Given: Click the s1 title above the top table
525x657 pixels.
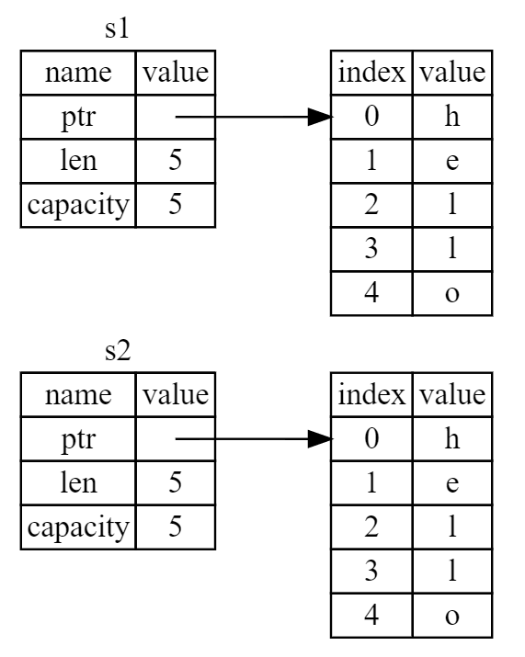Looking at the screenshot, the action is click(117, 28).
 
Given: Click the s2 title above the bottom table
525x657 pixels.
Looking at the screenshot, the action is click(118, 351).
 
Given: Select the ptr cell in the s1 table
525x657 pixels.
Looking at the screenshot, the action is click(78, 118).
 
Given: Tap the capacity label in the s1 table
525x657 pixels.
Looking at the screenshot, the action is click(78, 205).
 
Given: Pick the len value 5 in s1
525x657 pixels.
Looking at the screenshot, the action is click(176, 161).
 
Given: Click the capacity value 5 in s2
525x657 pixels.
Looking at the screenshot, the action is click(176, 527).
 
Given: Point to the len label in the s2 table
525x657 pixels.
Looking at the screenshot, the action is click(78, 482).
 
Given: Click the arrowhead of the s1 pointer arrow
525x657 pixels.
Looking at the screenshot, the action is click(320, 117).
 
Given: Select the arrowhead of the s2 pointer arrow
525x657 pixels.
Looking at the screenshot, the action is click(320, 439).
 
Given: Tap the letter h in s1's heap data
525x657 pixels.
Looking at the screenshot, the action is click(452, 116).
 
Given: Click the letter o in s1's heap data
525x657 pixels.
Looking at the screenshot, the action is click(452, 294).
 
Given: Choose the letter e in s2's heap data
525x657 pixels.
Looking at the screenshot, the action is click(452, 483).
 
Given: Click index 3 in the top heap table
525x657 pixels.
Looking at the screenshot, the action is click(371, 248).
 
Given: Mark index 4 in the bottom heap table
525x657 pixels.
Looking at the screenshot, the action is click(371, 615).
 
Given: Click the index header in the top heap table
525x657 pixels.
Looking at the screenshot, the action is click(371, 72).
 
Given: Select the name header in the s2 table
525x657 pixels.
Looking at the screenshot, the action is click(78, 395).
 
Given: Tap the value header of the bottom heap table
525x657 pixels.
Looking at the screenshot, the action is click(452, 395).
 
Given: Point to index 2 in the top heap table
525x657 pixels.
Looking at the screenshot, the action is click(371, 205).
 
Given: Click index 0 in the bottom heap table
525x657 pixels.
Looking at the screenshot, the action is click(371, 438).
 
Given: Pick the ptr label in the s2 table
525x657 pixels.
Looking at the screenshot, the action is click(78, 439).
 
